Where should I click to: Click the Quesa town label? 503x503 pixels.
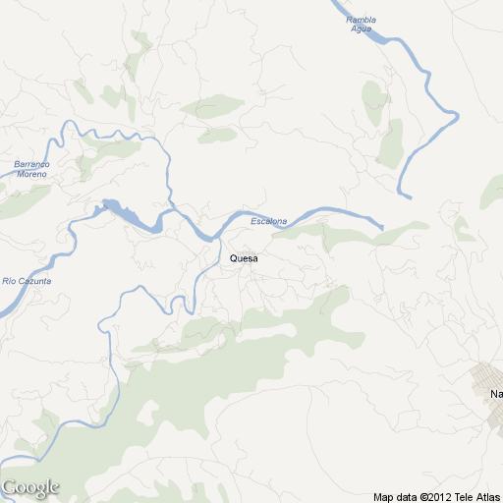tap(243, 258)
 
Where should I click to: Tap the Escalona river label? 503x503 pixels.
tap(268, 221)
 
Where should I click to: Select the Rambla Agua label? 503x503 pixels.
tap(362, 24)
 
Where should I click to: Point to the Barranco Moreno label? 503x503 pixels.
tap(30, 169)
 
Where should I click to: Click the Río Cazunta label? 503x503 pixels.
tap(27, 281)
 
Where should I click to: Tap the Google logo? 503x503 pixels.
tap(30, 487)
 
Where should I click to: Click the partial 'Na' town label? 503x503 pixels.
tap(495, 395)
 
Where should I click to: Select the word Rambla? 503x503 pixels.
tap(362, 19)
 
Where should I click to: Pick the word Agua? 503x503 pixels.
tap(362, 28)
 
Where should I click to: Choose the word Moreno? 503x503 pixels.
tap(30, 174)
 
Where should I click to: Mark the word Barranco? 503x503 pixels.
tap(30, 164)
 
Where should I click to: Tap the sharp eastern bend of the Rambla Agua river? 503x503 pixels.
tap(457, 117)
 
